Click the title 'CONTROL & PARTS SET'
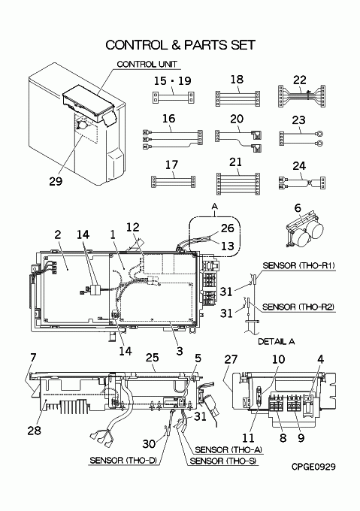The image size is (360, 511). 180,45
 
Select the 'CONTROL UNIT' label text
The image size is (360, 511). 147,64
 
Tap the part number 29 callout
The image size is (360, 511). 56,181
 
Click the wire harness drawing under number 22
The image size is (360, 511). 301,96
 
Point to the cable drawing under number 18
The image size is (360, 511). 237,98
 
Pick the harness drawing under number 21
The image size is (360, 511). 238,183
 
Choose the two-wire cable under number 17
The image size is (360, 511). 173,182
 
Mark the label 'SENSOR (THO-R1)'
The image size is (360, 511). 298,265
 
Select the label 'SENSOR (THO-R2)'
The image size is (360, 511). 298,307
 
